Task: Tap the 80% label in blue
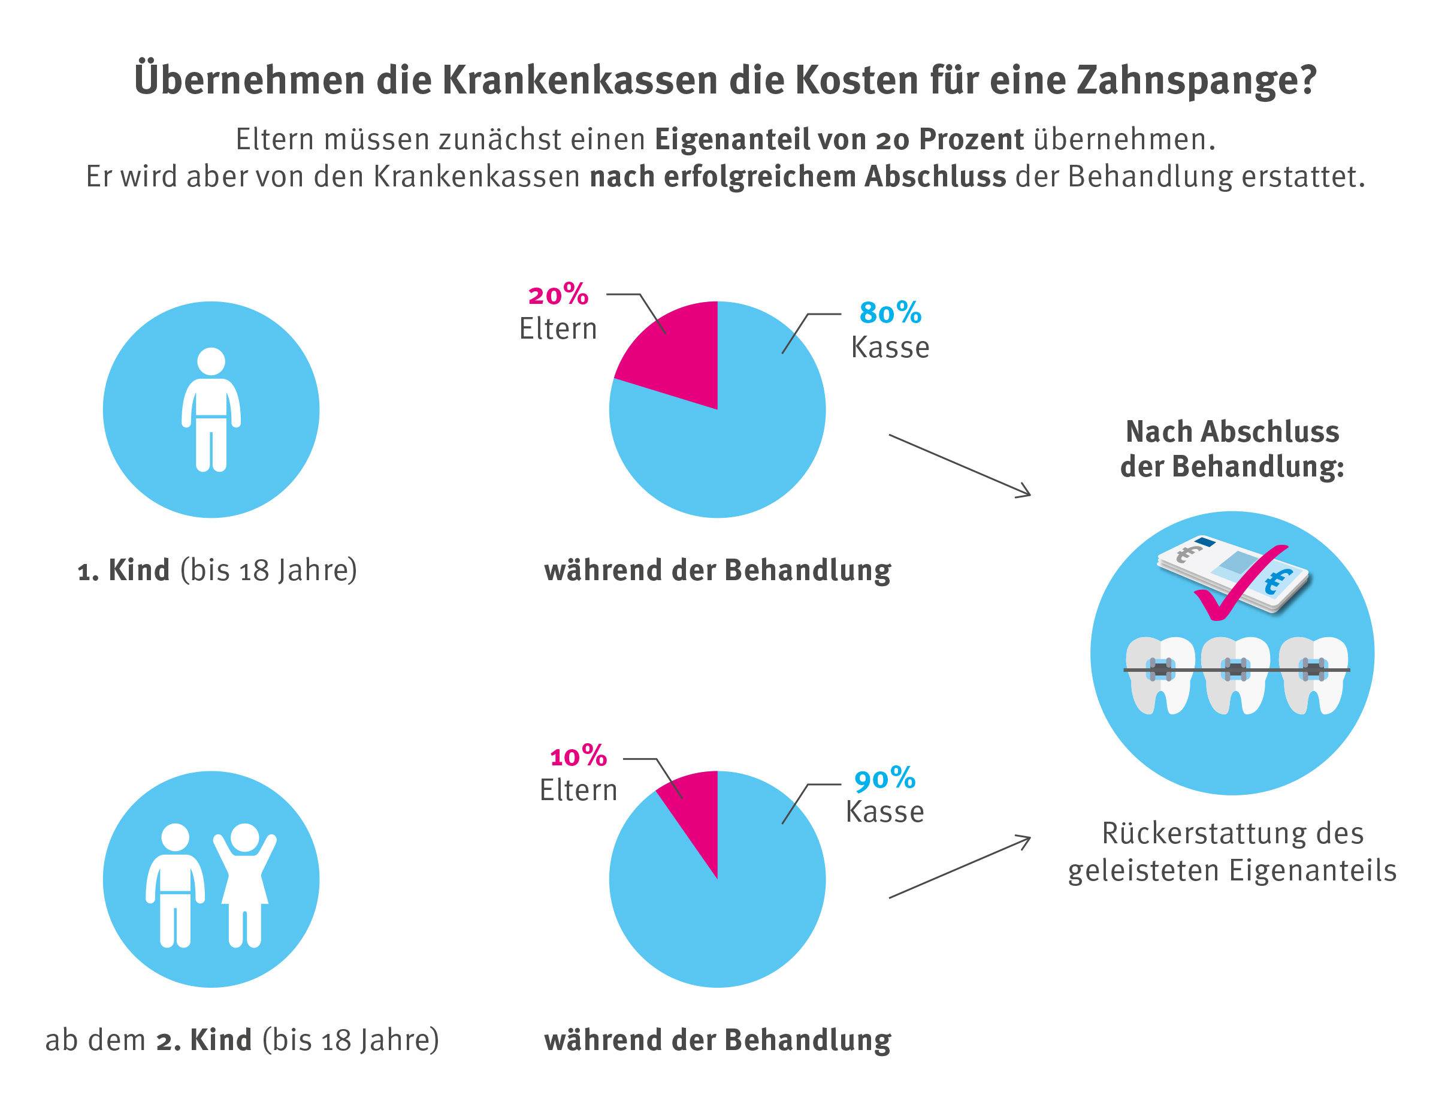[x=890, y=313]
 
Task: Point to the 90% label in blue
[x=885, y=779]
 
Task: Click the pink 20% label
[x=558, y=295]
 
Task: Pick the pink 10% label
[x=579, y=757]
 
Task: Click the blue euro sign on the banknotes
[x=1278, y=581]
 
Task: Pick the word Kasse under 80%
[x=890, y=348]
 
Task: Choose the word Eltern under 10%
[x=579, y=791]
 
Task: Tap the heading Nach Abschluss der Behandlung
[x=1232, y=450]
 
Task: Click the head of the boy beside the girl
[x=175, y=837]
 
